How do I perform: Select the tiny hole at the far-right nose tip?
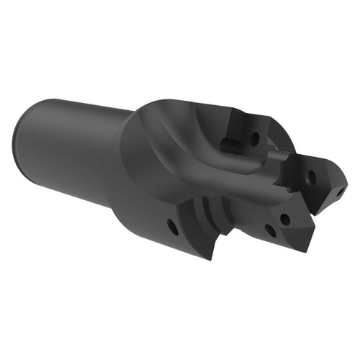[x=336, y=192]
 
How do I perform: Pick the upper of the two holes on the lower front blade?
[x=285, y=217]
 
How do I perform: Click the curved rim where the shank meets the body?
[x=122, y=166]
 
